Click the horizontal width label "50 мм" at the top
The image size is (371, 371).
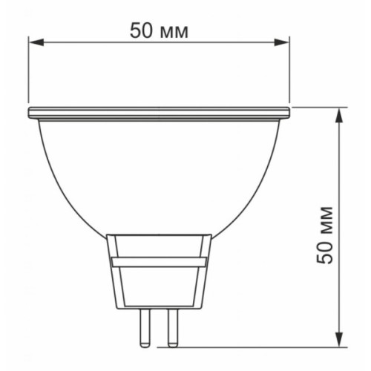(x=159, y=31)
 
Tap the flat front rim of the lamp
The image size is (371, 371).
(x=159, y=113)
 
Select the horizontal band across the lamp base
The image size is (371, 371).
(x=159, y=261)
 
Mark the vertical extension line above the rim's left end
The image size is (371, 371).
(x=29, y=74)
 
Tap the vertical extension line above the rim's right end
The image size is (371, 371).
(x=289, y=74)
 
